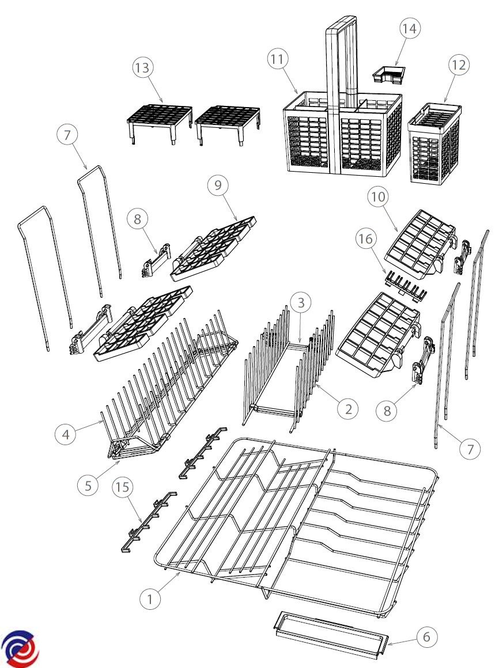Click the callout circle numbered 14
click(409, 29)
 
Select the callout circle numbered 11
click(277, 59)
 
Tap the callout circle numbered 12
click(459, 65)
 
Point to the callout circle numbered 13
click(142, 68)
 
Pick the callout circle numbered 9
click(218, 185)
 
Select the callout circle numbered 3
click(301, 302)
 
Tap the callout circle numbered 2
click(348, 409)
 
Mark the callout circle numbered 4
click(66, 435)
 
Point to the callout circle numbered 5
click(88, 485)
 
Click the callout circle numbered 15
click(122, 487)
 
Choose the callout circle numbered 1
click(150, 599)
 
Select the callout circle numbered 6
click(426, 637)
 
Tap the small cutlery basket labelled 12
click(434, 143)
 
